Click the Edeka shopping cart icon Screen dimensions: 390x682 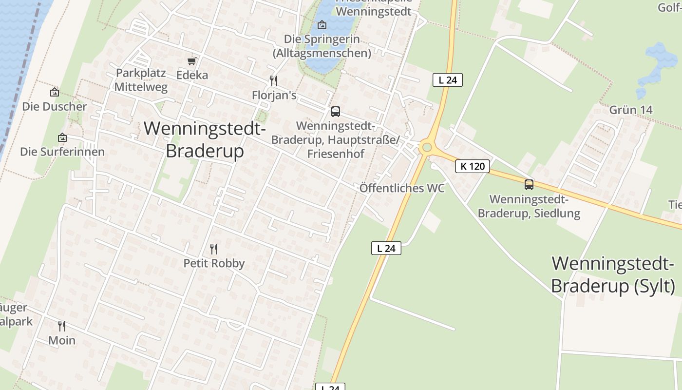[192, 61]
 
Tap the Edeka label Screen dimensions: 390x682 [192, 75]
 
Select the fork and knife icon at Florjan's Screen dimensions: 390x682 [274, 80]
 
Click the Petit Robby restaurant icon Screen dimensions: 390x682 [213, 249]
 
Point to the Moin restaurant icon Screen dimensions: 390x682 [62, 326]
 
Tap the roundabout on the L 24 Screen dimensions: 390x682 [427, 147]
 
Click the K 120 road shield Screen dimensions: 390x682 [473, 166]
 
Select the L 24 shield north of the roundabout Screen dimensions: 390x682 [447, 80]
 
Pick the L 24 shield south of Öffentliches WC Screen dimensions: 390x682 [386, 248]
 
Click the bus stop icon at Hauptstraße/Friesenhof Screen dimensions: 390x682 [336, 112]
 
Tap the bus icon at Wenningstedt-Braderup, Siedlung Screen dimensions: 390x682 [529, 185]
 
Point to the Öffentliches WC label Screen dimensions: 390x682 [402, 188]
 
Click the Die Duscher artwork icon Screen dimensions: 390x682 [55, 92]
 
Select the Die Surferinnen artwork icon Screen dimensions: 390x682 [62, 138]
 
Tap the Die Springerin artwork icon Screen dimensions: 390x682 [322, 25]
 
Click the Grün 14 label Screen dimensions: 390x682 [631, 110]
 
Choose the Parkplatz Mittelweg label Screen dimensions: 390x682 [141, 80]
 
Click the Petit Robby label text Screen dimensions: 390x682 [214, 263]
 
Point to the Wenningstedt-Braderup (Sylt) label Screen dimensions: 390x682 [613, 275]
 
